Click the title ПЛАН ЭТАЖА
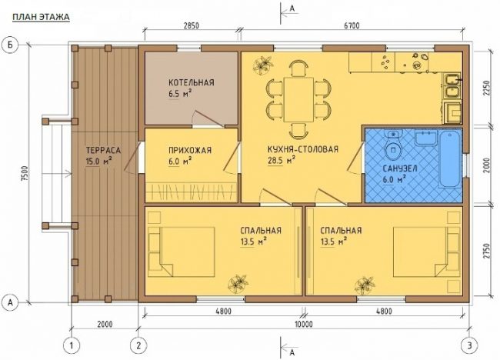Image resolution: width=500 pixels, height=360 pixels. (x=41, y=17)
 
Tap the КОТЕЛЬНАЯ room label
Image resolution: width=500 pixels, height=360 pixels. (x=192, y=83)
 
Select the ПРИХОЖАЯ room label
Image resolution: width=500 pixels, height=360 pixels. (x=190, y=151)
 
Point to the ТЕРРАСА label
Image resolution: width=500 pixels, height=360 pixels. (x=103, y=150)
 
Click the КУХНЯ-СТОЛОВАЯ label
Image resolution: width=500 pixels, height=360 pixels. (x=302, y=149)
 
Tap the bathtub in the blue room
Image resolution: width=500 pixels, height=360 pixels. (x=450, y=158)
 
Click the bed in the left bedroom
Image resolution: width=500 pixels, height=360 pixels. (x=182, y=252)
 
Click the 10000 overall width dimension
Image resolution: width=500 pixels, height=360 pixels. (x=304, y=325)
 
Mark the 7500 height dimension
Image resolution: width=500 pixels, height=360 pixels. (x=26, y=174)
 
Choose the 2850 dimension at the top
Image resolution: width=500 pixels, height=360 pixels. (x=192, y=25)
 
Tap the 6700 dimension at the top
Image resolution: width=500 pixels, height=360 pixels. (x=352, y=25)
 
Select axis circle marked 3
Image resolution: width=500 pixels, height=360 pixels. (x=470, y=345)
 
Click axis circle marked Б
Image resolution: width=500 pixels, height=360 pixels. (x=11, y=45)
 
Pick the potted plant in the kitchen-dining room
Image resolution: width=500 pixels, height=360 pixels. (x=262, y=65)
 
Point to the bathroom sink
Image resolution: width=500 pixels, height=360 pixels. (x=425, y=138)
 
